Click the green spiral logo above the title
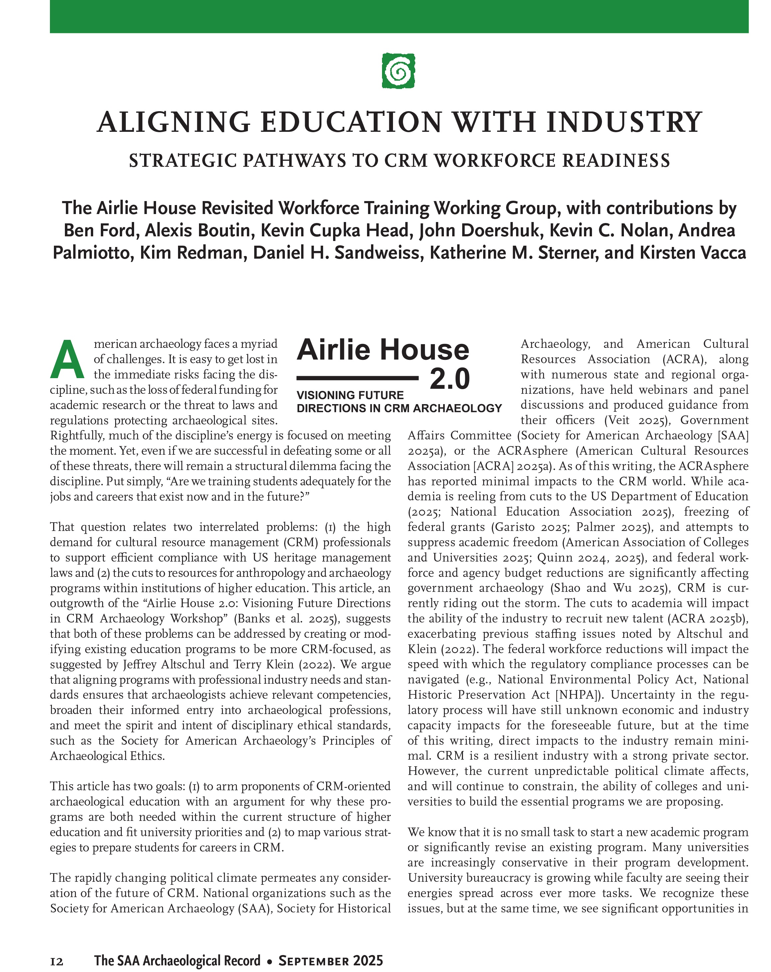click(x=398, y=71)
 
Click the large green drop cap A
click(x=68, y=360)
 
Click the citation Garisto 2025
click(x=532, y=527)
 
